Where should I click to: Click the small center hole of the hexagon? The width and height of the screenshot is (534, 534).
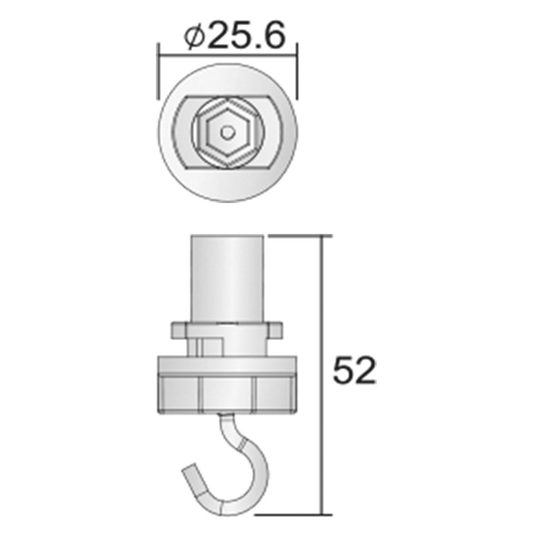click(x=227, y=132)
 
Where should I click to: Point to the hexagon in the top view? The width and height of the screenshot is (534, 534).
click(x=227, y=132)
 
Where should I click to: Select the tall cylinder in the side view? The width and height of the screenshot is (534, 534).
click(x=227, y=279)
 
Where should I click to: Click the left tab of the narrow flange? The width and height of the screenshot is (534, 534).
click(x=179, y=329)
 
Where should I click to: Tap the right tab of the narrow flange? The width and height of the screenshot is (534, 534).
click(x=275, y=329)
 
